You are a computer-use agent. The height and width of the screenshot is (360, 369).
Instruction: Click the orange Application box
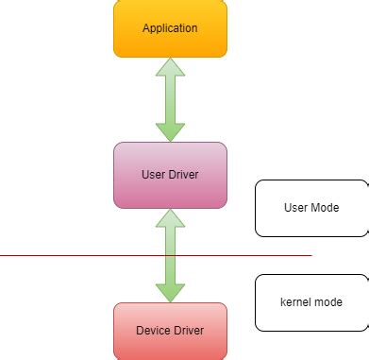coord(170,28)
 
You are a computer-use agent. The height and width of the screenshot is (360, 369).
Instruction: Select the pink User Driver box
coord(170,175)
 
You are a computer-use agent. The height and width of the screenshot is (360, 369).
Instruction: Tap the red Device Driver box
coord(170,331)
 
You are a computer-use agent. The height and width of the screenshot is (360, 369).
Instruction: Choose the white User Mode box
coord(311,208)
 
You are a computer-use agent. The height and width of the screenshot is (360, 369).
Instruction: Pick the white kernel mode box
coord(311,302)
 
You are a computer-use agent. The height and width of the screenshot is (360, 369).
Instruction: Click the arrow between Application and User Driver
coord(170,99)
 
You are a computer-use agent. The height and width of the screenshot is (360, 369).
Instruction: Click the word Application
coord(170,28)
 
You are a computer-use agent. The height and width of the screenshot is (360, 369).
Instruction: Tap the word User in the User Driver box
coord(154,175)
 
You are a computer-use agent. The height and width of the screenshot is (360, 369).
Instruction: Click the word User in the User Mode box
coord(296,207)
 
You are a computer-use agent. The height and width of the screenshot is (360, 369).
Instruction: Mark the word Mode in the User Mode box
coord(325,207)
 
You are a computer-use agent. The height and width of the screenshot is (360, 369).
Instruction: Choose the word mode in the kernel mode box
coord(327,301)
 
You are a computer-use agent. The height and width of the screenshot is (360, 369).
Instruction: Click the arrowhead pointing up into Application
coord(170,67)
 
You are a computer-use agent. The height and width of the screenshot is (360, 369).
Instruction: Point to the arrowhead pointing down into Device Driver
coord(170,291)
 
